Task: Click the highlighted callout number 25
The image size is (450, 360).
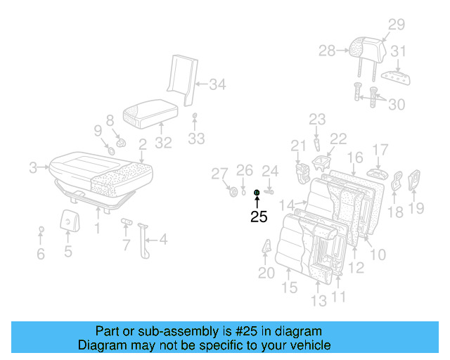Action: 259,217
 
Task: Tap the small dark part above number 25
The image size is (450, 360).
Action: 257,192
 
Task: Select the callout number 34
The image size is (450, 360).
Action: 217,85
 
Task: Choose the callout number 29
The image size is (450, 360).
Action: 397,25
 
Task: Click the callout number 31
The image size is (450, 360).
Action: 399,51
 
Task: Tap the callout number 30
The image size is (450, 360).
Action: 397,104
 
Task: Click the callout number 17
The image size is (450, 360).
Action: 380,150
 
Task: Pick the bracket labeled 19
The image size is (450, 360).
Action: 415,181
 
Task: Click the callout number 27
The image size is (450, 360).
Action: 220,174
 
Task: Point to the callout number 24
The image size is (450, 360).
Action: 270,171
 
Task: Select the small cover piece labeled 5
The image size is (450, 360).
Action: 68,221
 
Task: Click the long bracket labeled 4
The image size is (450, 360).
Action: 146,240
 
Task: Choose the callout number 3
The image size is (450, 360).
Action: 32,167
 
